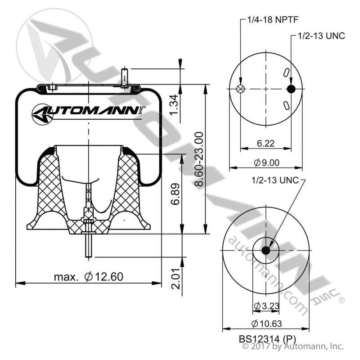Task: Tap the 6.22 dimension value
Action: coord(266,144)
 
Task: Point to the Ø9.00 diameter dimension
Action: coord(266,162)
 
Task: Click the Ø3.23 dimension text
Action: coord(266,306)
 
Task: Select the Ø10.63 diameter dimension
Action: coord(266,323)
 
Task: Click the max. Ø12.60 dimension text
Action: coord(89,277)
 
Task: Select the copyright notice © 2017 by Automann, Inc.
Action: coord(293,346)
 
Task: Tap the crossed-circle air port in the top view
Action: coord(241,89)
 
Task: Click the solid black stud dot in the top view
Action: coord(291,89)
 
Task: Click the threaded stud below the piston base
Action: coord(89,245)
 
